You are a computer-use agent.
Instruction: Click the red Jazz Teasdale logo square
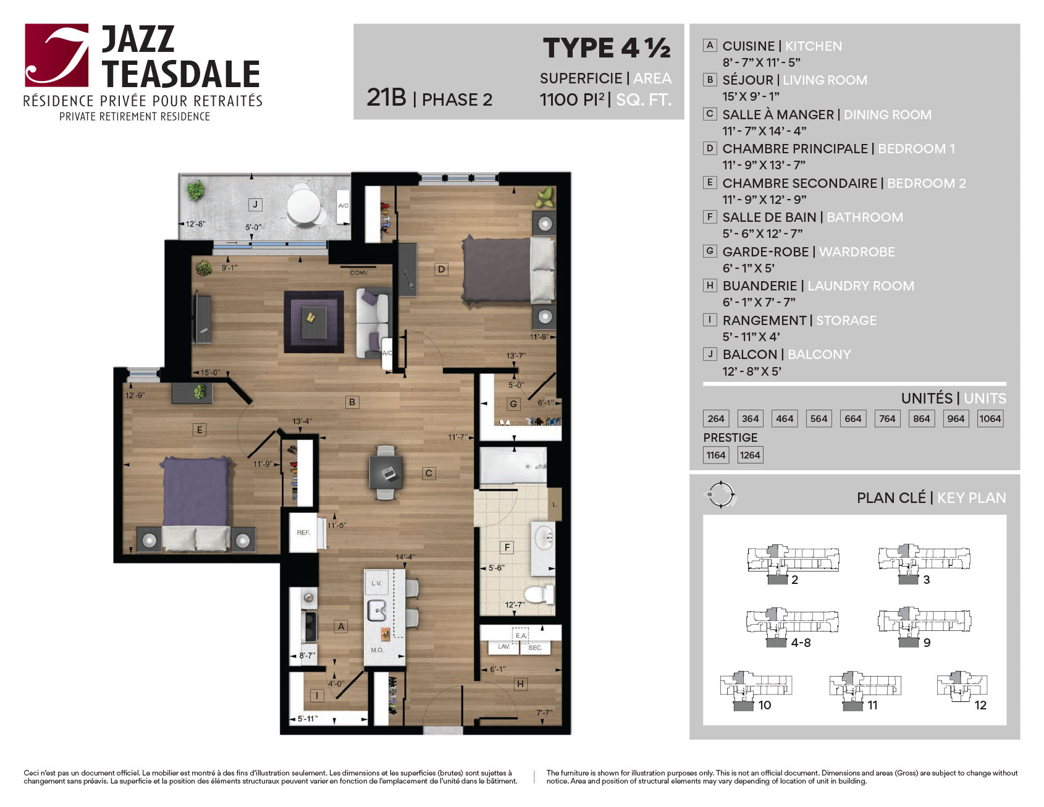[x=57, y=55]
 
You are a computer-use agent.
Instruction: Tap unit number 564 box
[x=819, y=418]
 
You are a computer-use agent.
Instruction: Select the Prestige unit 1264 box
[x=750, y=455]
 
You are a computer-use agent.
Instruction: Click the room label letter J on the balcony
[x=255, y=205]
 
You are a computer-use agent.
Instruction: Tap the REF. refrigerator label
[x=303, y=533]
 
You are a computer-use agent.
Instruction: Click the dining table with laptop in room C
[x=386, y=473]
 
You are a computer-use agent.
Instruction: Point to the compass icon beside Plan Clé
[x=720, y=494]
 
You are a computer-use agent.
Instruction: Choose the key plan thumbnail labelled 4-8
[x=792, y=625]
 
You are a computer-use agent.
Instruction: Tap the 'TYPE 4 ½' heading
[x=607, y=48]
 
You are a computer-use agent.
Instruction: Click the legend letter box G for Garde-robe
[x=710, y=251]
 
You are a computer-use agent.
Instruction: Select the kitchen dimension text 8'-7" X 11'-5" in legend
[x=761, y=62]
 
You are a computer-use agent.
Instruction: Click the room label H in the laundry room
[x=520, y=683]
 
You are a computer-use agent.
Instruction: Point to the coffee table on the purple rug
[x=313, y=320]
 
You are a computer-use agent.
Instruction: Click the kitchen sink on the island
[x=377, y=611]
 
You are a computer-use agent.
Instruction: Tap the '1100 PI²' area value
[x=572, y=99]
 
